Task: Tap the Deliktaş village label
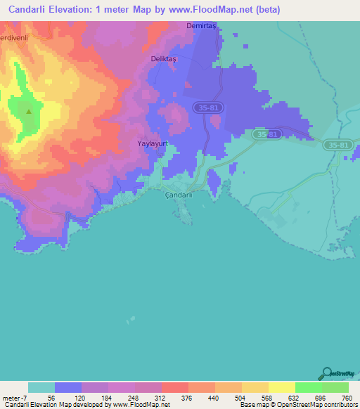click(x=164, y=59)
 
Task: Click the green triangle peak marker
click(x=29, y=110)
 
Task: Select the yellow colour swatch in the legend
click(x=281, y=387)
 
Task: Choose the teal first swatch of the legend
click(x=41, y=387)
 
